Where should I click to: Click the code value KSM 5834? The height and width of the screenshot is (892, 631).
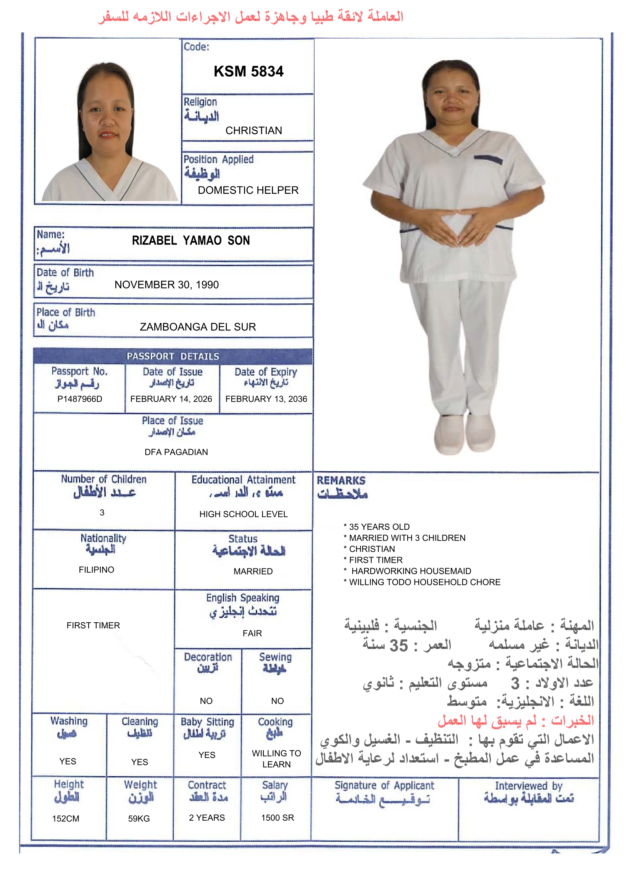(249, 71)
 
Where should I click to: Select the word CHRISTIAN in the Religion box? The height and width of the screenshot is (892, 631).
(253, 130)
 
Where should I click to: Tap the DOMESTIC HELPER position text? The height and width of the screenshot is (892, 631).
(248, 190)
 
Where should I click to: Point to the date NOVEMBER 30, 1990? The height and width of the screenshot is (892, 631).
(166, 285)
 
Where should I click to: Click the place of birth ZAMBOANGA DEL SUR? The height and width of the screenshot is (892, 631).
(198, 327)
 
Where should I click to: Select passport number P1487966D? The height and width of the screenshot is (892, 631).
(80, 399)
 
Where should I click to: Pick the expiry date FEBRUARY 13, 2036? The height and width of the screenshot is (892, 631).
(266, 399)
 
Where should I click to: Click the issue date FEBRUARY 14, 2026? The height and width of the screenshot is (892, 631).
(171, 399)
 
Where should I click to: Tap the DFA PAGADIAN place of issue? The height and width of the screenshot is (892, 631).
(176, 452)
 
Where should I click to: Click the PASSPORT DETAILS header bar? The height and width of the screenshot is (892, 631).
(173, 356)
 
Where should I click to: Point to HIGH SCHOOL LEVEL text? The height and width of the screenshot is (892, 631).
(244, 514)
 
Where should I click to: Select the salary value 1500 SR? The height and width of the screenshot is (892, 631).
(277, 818)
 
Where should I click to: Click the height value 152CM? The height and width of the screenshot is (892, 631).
(66, 819)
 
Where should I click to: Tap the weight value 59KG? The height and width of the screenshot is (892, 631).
(139, 819)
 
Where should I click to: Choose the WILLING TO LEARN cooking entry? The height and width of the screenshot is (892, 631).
(276, 759)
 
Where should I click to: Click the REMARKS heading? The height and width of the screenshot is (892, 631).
(341, 481)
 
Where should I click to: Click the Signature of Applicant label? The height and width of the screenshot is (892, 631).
(384, 786)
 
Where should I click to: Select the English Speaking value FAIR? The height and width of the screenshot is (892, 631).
(252, 633)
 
